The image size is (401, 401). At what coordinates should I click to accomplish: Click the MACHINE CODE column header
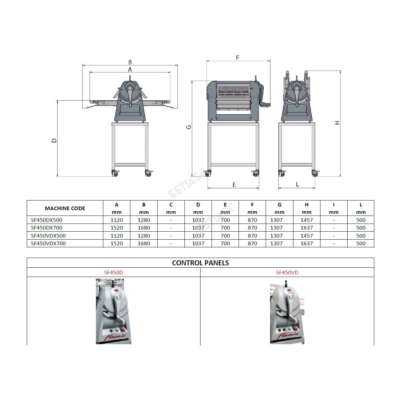coord(65,208)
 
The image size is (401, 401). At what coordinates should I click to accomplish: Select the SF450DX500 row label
coord(46,220)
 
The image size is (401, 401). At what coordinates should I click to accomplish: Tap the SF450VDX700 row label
coord(48,243)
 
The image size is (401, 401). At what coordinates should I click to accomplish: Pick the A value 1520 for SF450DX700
coord(117,228)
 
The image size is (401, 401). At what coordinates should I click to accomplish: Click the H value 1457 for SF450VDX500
coord(306,236)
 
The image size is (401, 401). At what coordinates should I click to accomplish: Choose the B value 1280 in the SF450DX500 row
coord(144,220)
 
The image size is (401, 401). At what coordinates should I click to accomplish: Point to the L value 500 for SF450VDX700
coord(361,243)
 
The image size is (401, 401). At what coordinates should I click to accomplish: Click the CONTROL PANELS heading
coord(200,263)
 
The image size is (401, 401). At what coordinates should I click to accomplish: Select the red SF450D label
coord(113,272)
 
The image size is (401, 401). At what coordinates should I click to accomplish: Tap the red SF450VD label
coord(287,272)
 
